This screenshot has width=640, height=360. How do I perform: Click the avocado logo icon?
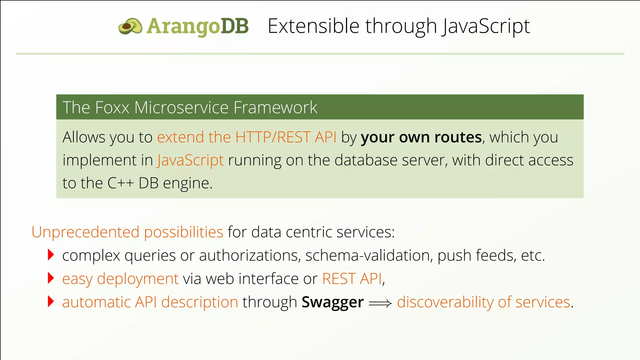coord(130,26)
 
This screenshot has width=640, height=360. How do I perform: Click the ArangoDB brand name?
coord(197,26)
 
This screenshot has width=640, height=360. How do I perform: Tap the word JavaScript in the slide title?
coord(486,26)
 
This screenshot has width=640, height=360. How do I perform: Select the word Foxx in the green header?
coord(112,107)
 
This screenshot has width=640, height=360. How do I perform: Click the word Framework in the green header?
coord(275,107)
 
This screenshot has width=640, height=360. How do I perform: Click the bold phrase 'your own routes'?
coord(421,137)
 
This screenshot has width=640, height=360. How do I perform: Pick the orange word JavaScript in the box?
coord(190,160)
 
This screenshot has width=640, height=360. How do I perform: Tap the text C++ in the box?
coord(121,183)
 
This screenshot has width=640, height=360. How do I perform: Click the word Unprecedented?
coord(85,232)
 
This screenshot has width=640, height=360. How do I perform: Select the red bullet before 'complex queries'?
coord(51,255)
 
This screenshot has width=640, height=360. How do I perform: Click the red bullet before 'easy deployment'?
coord(51,278)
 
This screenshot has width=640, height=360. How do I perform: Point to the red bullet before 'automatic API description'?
coord(51,302)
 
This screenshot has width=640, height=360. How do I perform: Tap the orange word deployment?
coord(137,279)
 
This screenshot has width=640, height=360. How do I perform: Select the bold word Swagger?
coord(332,302)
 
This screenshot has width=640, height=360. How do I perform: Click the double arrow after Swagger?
coord(380,303)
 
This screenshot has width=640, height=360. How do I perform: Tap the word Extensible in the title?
coord(313,26)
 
